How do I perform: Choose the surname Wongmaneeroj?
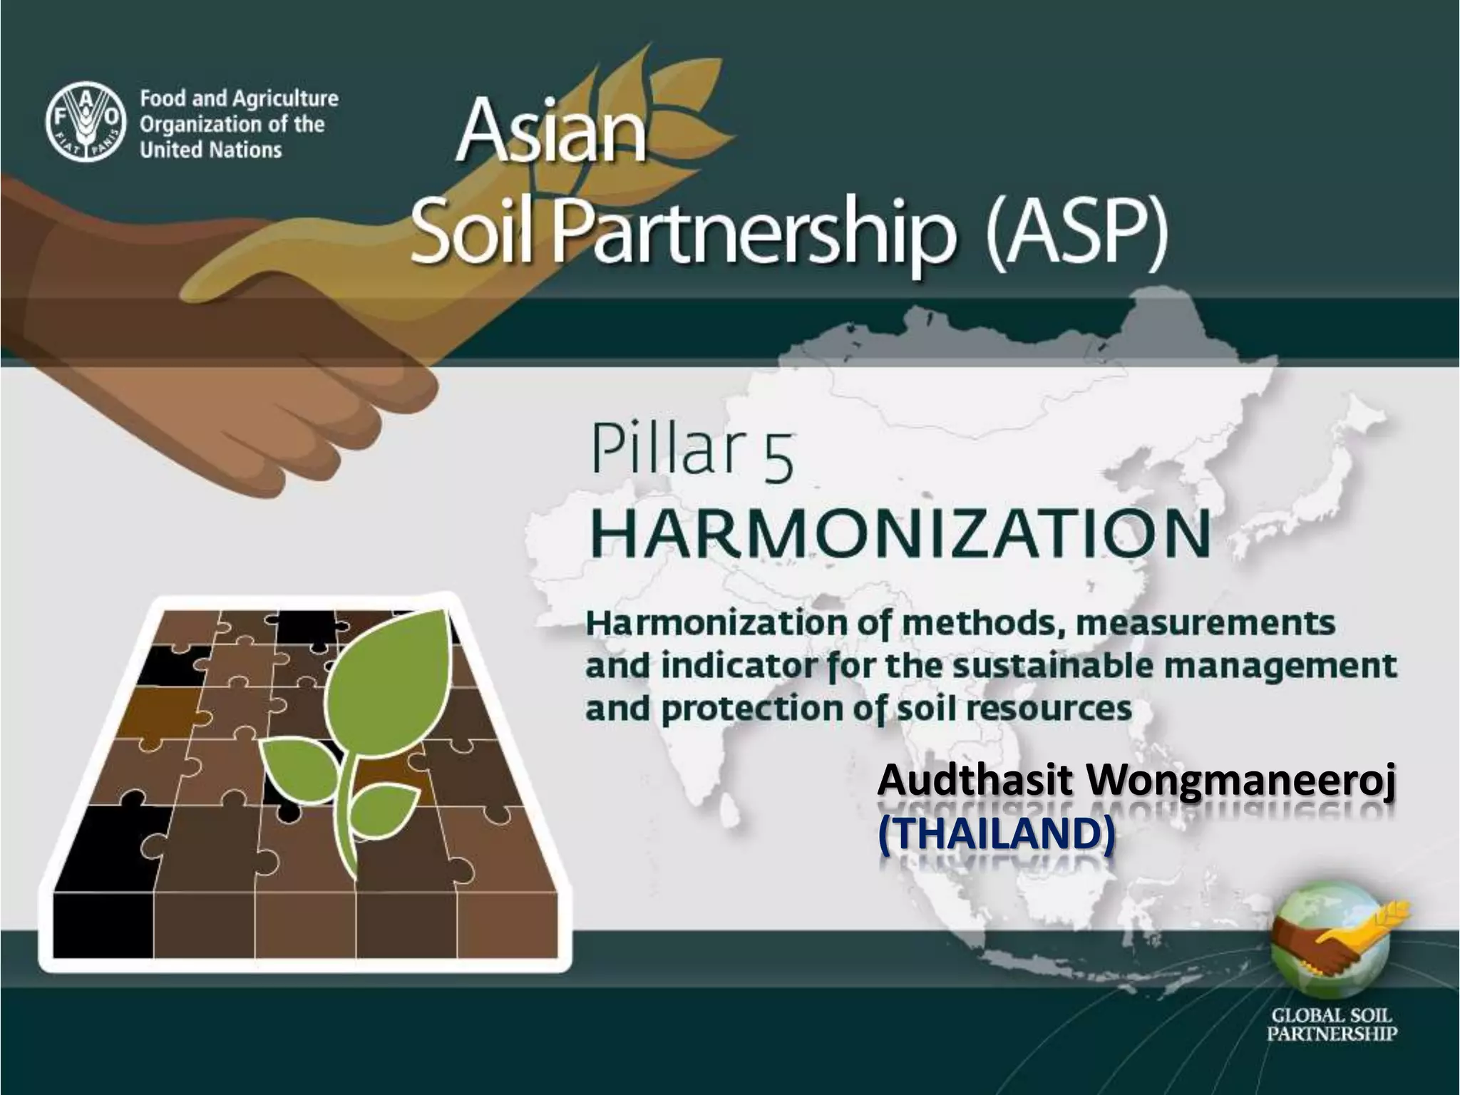click(x=1240, y=783)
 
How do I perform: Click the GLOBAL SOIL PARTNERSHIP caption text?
click(x=1332, y=1025)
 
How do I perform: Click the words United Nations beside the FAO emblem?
click(x=211, y=150)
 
